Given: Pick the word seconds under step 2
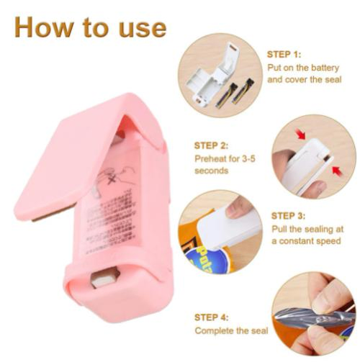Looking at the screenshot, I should (212, 171).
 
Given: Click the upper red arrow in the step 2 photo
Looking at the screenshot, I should (300, 135).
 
